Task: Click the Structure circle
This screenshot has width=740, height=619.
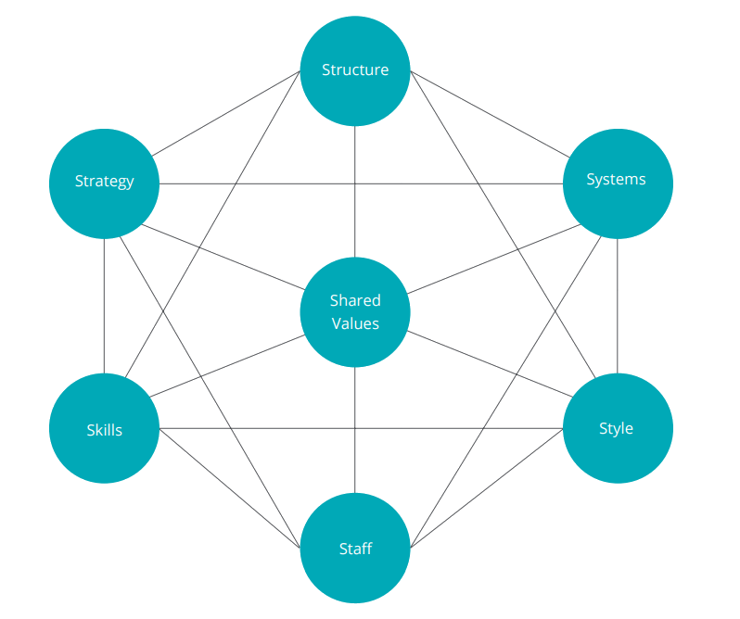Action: tap(355, 70)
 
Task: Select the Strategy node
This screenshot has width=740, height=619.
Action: tap(104, 183)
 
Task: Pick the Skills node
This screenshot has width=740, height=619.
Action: tap(104, 429)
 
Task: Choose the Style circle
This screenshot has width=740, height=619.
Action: tap(617, 428)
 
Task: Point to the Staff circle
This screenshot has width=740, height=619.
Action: tap(355, 549)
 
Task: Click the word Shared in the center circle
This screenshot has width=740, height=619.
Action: tap(355, 300)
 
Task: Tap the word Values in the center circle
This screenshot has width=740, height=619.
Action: tap(355, 323)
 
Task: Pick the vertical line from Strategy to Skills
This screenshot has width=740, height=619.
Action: tap(104, 306)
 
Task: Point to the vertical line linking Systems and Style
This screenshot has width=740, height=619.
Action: tap(617, 306)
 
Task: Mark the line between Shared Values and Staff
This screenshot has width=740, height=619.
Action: tap(355, 431)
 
